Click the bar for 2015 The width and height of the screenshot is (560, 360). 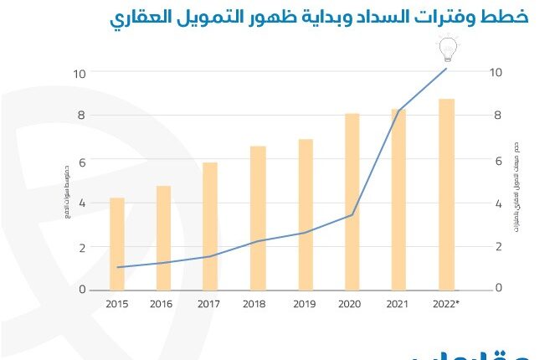coord(117,244)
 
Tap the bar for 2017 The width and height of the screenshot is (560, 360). coord(210,226)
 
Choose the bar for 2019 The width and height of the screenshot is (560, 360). coord(306,214)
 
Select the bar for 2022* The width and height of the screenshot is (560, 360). coord(447,194)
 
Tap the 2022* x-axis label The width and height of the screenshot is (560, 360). coord(447,305)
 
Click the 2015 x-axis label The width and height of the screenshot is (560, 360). coord(117,305)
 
